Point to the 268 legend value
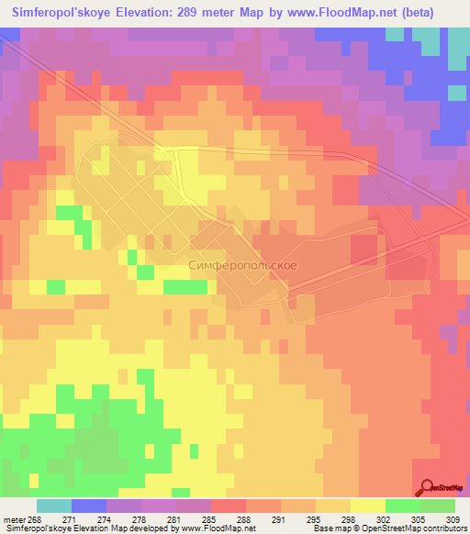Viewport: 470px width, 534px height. tap(35, 519)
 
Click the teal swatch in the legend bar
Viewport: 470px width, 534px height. tap(54, 506)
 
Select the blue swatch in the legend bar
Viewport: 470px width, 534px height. tap(89, 506)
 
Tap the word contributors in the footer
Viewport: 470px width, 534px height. tap(446, 529)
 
